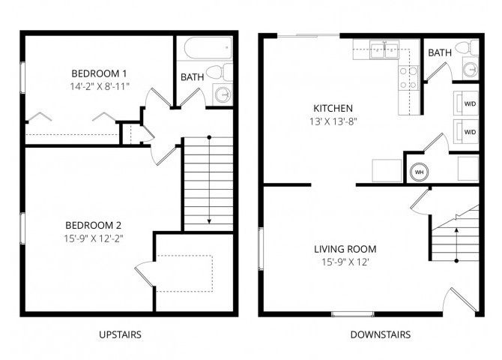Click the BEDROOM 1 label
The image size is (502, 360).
(x=99, y=73)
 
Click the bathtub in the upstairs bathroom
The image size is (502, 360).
(x=207, y=49)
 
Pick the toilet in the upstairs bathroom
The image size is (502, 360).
(x=214, y=72)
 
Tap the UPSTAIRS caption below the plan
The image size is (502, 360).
(x=120, y=334)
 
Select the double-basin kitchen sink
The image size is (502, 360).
(x=385, y=51)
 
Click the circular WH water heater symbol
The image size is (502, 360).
(x=419, y=171)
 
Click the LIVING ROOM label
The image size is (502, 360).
(x=346, y=249)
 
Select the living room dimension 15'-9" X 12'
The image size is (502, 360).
(x=346, y=262)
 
